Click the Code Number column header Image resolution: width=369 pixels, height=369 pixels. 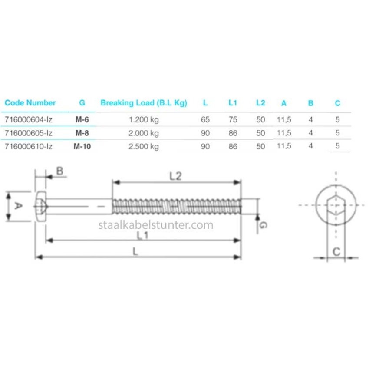(30, 103)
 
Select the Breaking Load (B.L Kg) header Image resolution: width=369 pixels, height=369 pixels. (144, 103)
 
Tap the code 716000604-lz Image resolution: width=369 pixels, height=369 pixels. (28, 119)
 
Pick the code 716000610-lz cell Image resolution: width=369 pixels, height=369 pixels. (28, 146)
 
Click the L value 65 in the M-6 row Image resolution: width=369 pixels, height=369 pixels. (205, 119)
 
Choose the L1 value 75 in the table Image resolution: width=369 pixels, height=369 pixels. (233, 119)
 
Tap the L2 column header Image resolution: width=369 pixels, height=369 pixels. (260, 103)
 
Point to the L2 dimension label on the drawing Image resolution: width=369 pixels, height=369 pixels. (175, 176)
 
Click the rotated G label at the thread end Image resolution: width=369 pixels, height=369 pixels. (263, 225)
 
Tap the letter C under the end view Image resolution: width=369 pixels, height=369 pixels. (336, 251)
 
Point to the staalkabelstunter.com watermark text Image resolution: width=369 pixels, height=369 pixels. (155, 225)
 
